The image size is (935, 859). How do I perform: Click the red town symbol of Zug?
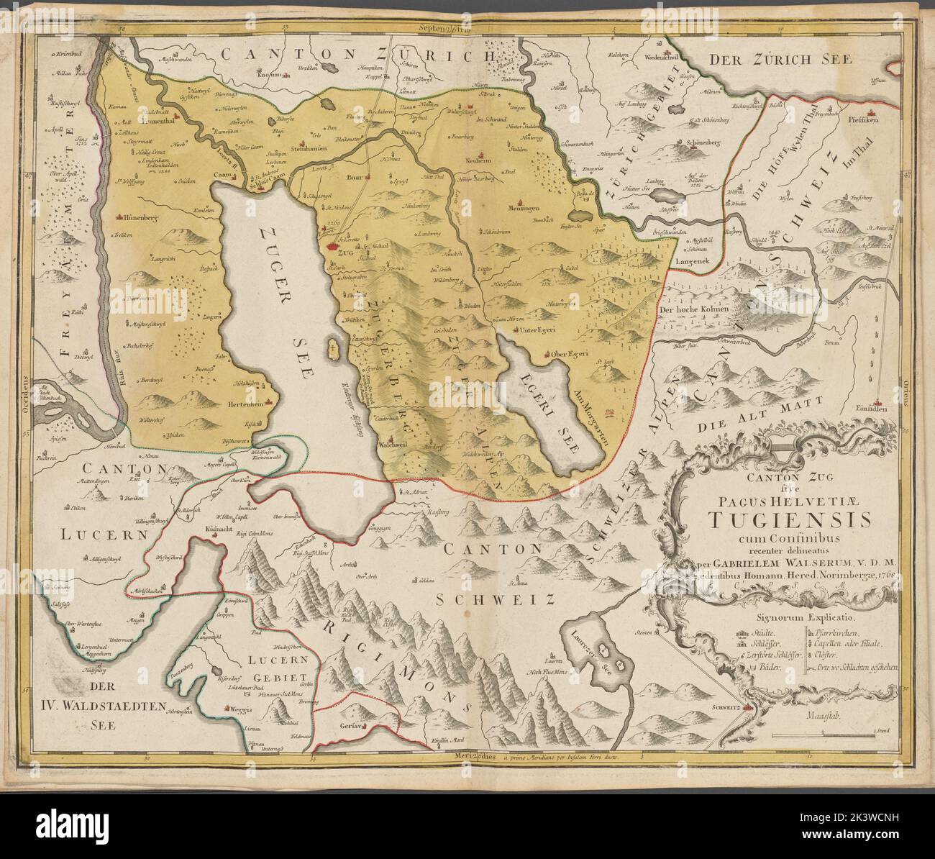pos(332,245)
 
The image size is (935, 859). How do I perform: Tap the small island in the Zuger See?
pos(332,348)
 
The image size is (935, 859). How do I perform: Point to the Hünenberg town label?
pos(137,215)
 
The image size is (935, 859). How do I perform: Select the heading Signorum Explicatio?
pos(793,617)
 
